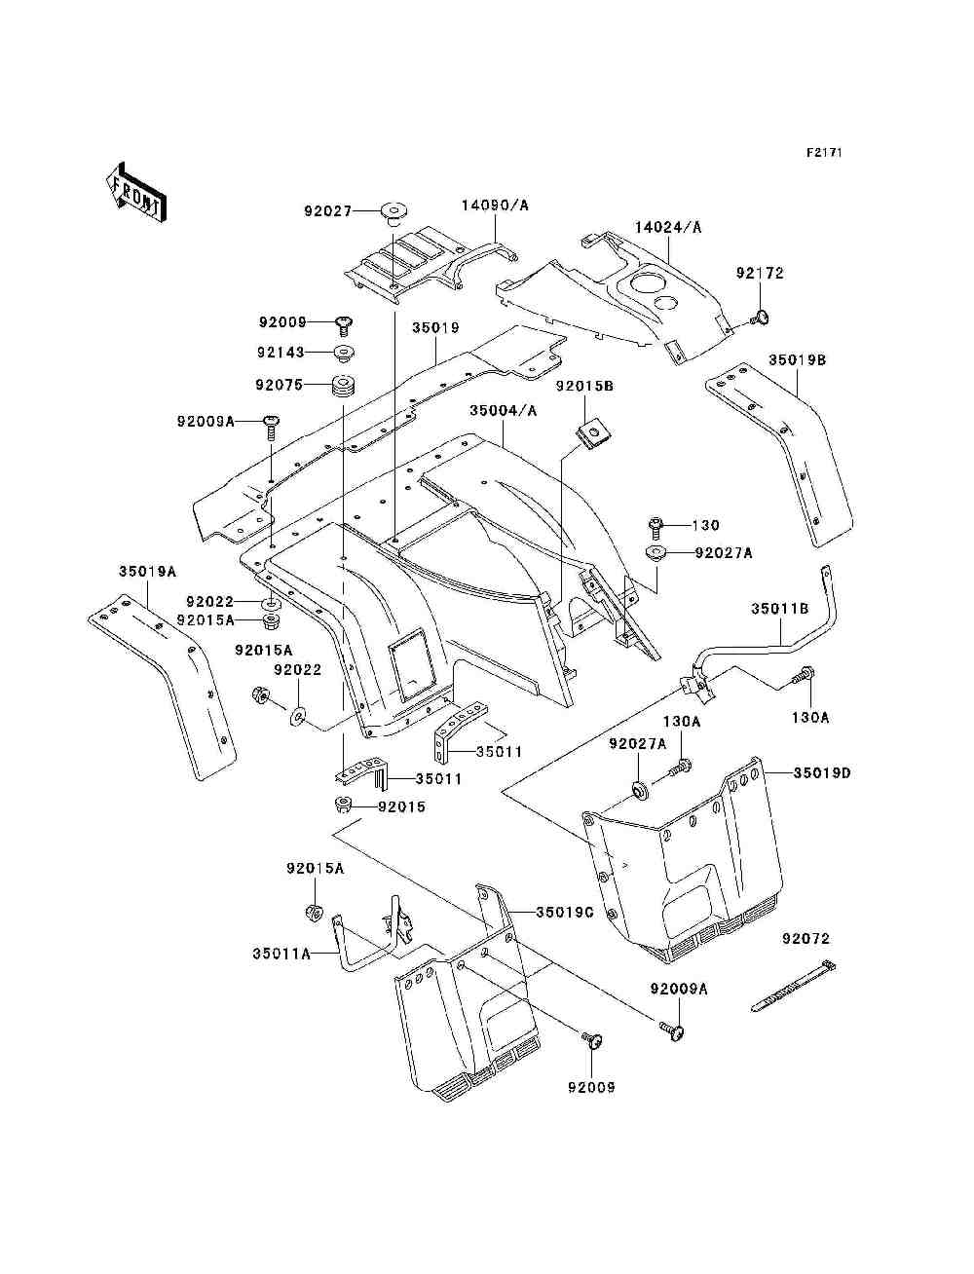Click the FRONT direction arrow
137,192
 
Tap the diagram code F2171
824,153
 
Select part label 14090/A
496,206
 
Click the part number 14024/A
667,227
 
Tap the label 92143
281,353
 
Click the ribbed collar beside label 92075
344,386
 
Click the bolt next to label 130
655,526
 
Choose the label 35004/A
504,411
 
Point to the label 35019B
797,359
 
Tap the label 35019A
147,571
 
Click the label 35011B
780,609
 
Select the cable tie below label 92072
794,986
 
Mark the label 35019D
822,773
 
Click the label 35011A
281,954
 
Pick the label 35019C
565,913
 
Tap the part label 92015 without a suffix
401,807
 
